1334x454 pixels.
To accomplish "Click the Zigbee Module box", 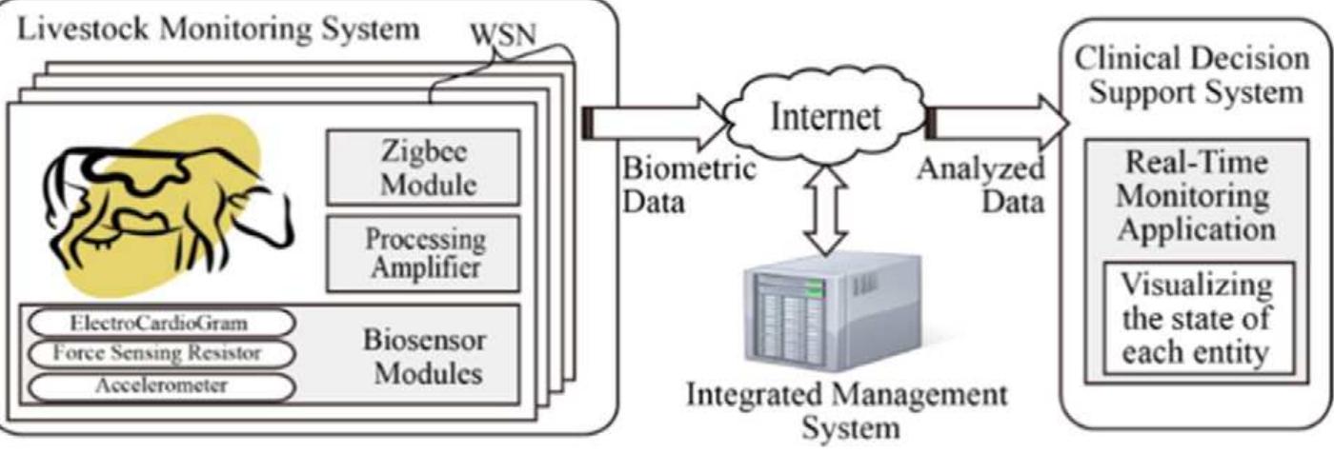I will [423, 167].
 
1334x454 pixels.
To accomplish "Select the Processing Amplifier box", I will [423, 252].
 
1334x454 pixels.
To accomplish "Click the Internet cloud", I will [825, 118].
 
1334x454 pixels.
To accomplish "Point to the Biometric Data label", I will [688, 186].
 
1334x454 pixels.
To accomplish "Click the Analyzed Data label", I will [981, 186].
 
